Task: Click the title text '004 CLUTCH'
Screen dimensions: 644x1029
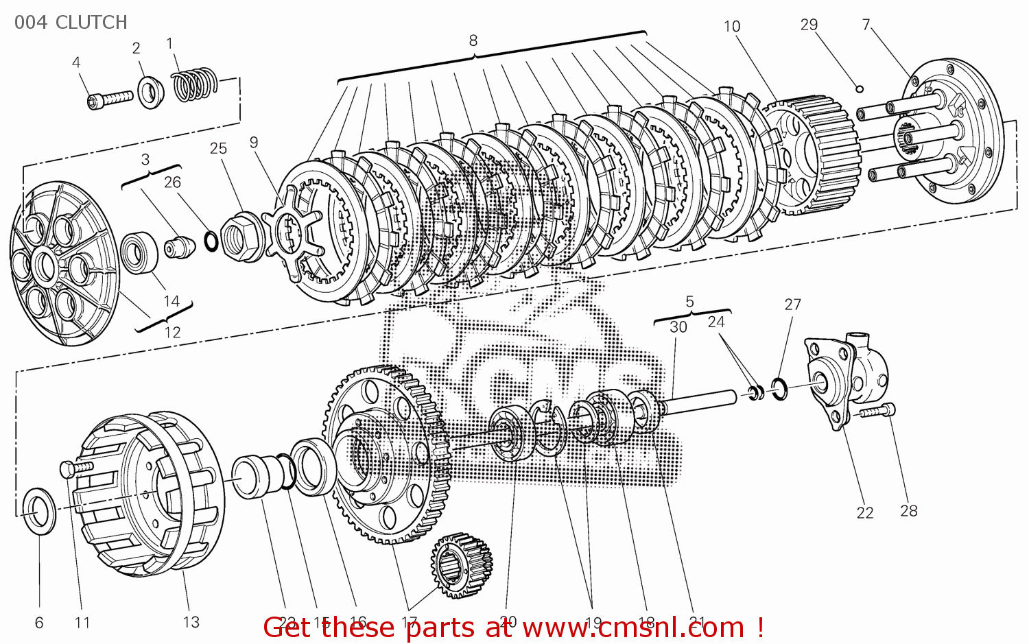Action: tap(71, 23)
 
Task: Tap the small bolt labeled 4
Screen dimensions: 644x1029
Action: tap(110, 99)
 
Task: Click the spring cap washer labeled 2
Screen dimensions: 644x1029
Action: tap(151, 92)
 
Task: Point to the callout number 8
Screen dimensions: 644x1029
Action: tap(473, 40)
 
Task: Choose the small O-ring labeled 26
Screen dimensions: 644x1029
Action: tap(212, 241)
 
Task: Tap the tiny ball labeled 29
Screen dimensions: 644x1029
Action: tap(859, 88)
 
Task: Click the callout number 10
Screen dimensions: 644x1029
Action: tap(731, 27)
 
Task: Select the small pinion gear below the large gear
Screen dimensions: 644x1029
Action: tap(462, 564)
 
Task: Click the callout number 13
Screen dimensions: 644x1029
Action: tap(191, 622)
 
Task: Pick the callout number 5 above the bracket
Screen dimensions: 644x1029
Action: tap(689, 302)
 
